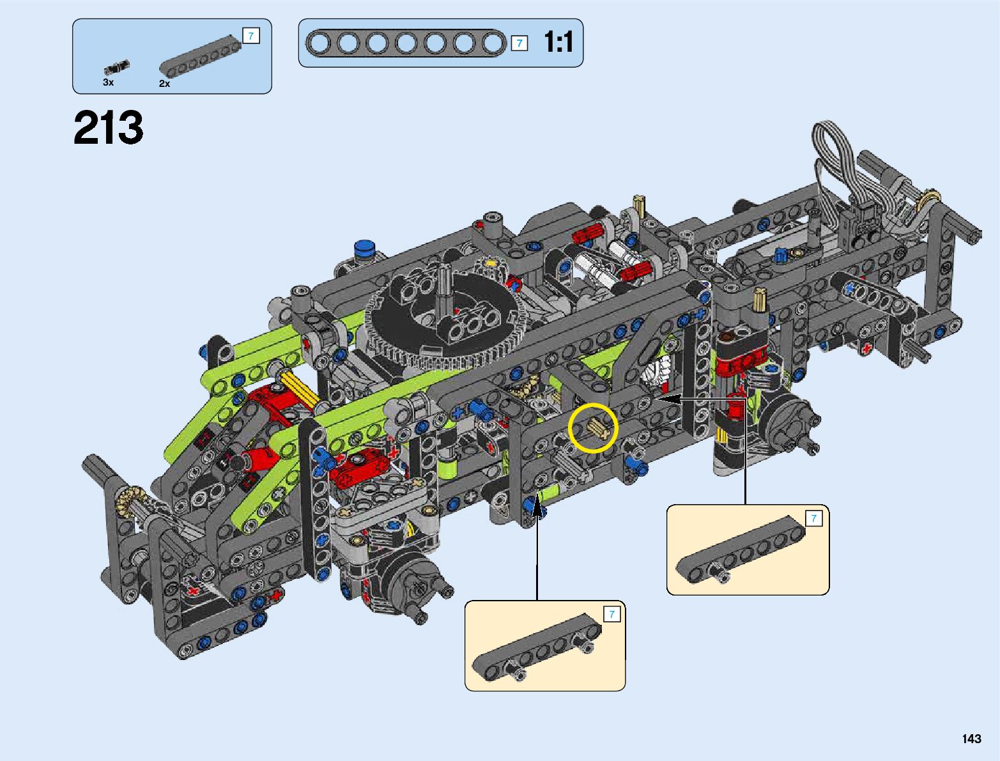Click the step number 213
pyautogui.click(x=109, y=128)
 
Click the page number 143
pyautogui.click(x=971, y=738)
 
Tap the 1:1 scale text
pyautogui.click(x=558, y=42)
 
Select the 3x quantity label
pyautogui.click(x=108, y=82)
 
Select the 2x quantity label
pyautogui.click(x=164, y=83)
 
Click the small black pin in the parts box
pyautogui.click(x=117, y=67)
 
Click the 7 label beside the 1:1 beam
pyautogui.click(x=519, y=43)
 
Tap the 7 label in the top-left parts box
pyautogui.click(x=251, y=36)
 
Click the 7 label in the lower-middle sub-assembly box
pyautogui.click(x=612, y=614)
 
